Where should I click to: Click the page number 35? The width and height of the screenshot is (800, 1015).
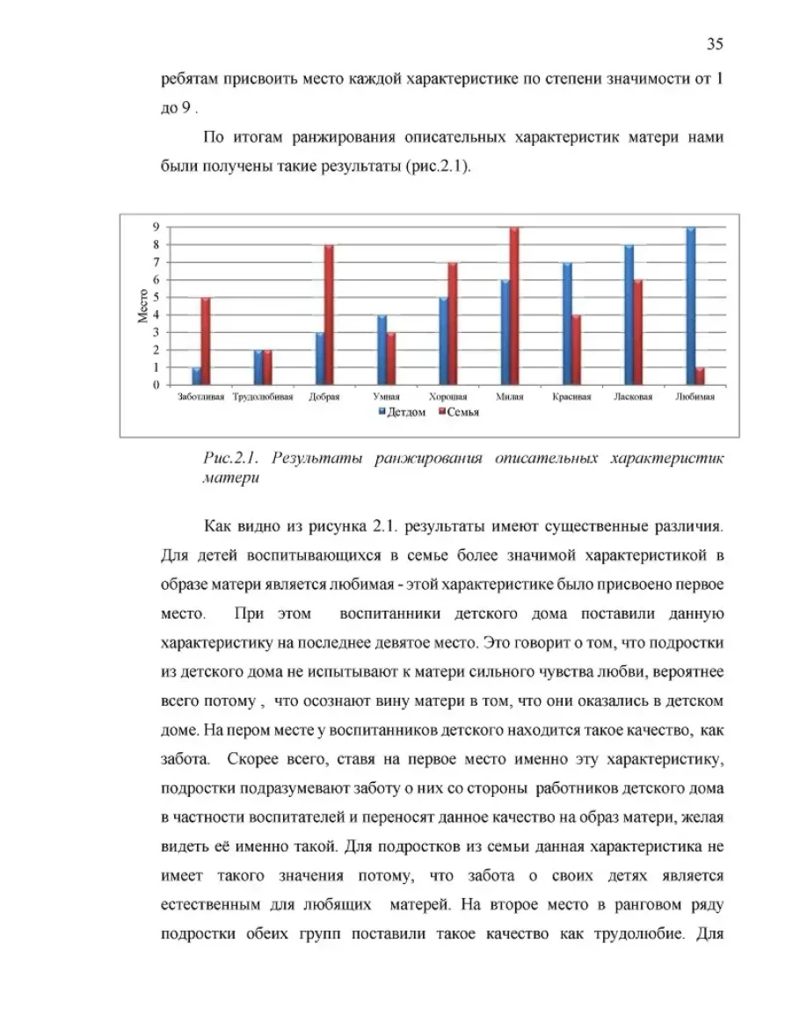point(714,44)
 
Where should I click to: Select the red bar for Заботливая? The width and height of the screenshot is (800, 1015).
point(206,341)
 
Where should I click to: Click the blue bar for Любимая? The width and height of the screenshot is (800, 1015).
point(691,306)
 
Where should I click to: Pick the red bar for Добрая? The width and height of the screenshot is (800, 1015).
point(329,315)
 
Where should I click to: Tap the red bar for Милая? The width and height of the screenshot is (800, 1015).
point(514,306)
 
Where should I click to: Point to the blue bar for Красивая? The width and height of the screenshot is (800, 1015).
point(567,323)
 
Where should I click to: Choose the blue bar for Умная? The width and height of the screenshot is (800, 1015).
point(382,350)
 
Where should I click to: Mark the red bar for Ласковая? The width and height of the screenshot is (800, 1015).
point(638,332)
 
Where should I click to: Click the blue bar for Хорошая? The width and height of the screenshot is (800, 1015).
point(443,341)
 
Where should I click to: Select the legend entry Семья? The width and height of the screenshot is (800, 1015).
point(461,412)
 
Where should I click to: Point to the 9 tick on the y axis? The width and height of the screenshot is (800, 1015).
point(156,227)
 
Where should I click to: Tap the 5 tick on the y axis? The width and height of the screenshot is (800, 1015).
point(156,297)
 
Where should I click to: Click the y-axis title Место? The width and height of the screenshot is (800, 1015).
point(142,305)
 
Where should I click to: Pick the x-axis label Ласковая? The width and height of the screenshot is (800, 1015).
point(633,397)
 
